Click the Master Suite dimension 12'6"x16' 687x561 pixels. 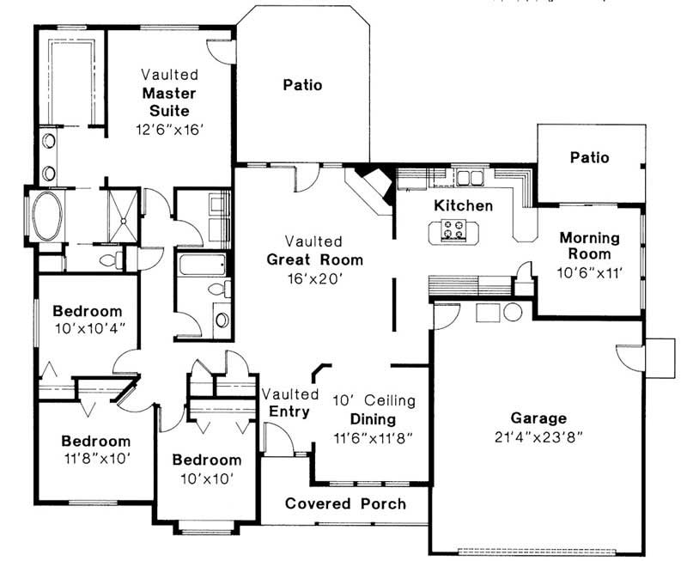click(x=170, y=129)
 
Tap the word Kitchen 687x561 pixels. click(x=463, y=205)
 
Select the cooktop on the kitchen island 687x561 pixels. click(x=453, y=230)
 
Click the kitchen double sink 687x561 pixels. click(x=469, y=178)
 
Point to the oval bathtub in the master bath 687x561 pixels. click(x=48, y=216)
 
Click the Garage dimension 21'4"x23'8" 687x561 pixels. click(x=538, y=437)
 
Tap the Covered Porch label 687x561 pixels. click(x=345, y=503)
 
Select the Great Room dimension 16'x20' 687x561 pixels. click(x=314, y=278)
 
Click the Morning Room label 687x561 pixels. click(x=589, y=246)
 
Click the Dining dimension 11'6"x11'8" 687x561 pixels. click(x=374, y=438)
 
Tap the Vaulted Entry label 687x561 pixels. click(x=289, y=403)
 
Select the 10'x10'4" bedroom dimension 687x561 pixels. click(x=90, y=328)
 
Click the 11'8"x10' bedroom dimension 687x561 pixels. click(x=97, y=459)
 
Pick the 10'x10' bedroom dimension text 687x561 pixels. click(x=207, y=479)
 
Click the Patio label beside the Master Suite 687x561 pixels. click(x=302, y=84)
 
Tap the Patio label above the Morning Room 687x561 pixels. click(x=589, y=157)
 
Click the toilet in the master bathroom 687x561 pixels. click(x=112, y=260)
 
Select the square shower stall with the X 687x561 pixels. click(x=123, y=216)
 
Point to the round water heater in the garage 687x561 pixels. click(x=512, y=312)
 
